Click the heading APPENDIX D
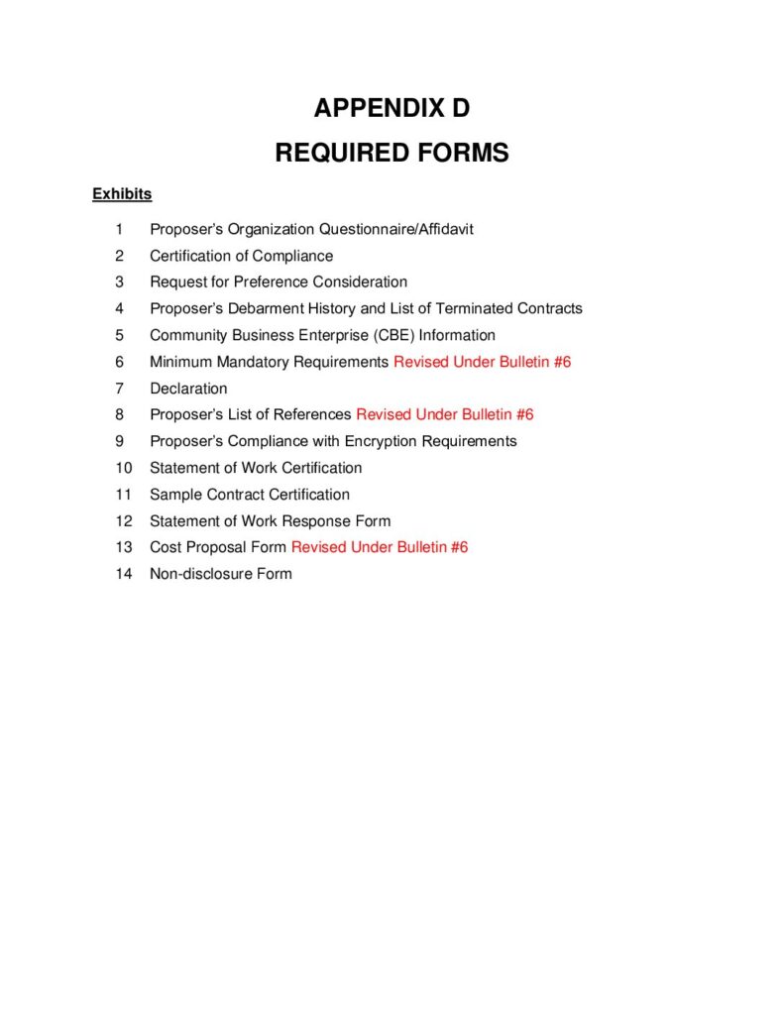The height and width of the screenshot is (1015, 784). point(392,108)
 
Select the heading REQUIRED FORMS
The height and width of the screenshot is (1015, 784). point(392,153)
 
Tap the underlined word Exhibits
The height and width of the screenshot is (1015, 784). point(122,194)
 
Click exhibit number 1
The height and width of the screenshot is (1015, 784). point(120,229)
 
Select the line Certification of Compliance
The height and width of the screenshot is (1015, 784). point(241,256)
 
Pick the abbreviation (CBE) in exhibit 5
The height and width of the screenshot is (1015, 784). point(394,335)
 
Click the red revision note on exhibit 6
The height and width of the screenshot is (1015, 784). point(482,362)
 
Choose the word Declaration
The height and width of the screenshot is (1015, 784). point(188,389)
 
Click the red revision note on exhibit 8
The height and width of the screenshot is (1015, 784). point(444,414)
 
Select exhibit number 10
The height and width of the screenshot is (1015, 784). point(123,468)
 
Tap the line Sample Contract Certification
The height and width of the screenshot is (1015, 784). point(250,495)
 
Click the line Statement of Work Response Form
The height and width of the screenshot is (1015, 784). point(270,520)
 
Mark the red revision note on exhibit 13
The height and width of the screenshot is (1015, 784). point(379,547)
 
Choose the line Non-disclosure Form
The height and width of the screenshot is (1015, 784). point(220,574)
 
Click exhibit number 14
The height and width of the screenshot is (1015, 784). point(123,574)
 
